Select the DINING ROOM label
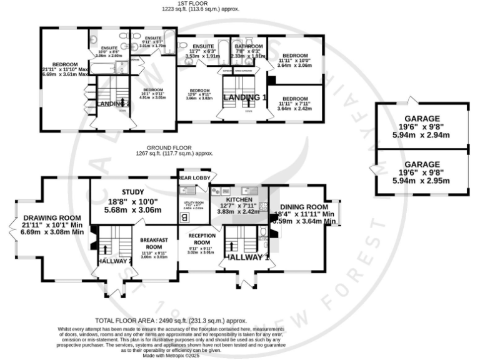pyautogui.click(x=304, y=207)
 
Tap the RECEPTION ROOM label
pyautogui.click(x=201, y=239)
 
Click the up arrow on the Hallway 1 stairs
pyautogui.click(x=231, y=243)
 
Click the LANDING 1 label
pyautogui.click(x=246, y=97)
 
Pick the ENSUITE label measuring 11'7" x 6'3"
pyautogui.click(x=204, y=46)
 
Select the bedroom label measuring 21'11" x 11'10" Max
pyautogui.click(x=65, y=64)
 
